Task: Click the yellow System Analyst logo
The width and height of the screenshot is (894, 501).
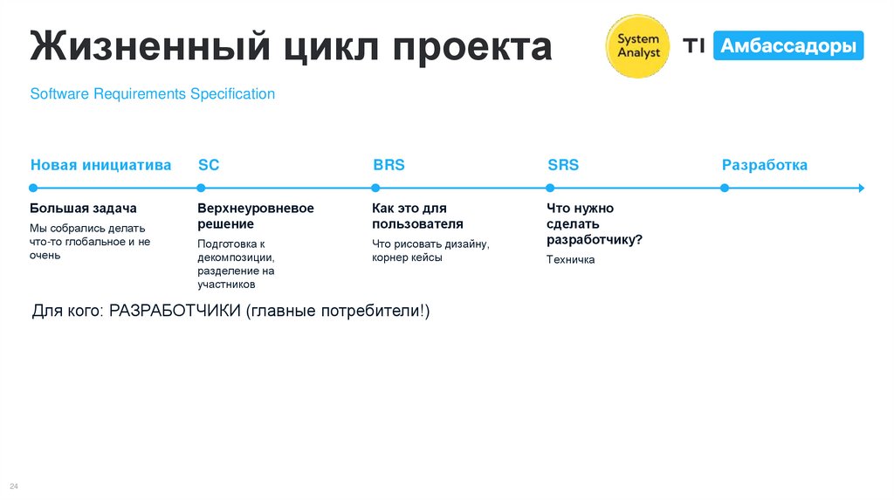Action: [638, 46]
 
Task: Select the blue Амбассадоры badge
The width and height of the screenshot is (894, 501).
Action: [788, 46]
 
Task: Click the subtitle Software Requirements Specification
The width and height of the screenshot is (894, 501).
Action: [153, 93]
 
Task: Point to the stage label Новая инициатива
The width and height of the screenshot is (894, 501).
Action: [100, 165]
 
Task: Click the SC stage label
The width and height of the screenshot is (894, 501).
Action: [209, 165]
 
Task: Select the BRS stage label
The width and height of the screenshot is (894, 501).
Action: [389, 165]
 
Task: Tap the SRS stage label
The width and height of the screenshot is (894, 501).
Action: [563, 165]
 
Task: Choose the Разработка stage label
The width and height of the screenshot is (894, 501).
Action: [764, 165]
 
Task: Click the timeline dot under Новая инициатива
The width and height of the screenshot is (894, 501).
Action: [32, 188]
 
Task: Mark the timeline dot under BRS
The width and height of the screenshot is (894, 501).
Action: [375, 188]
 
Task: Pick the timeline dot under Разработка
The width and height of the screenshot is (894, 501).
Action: [724, 188]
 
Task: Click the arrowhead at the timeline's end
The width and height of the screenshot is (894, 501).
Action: [861, 188]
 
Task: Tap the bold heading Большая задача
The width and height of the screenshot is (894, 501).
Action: [83, 209]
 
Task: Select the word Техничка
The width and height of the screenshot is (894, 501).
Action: [570, 260]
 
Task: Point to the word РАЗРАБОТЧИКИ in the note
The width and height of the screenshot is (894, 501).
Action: [175, 312]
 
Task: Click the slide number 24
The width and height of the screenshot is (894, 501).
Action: [14, 485]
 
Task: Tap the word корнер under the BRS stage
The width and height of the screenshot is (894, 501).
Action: [392, 257]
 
